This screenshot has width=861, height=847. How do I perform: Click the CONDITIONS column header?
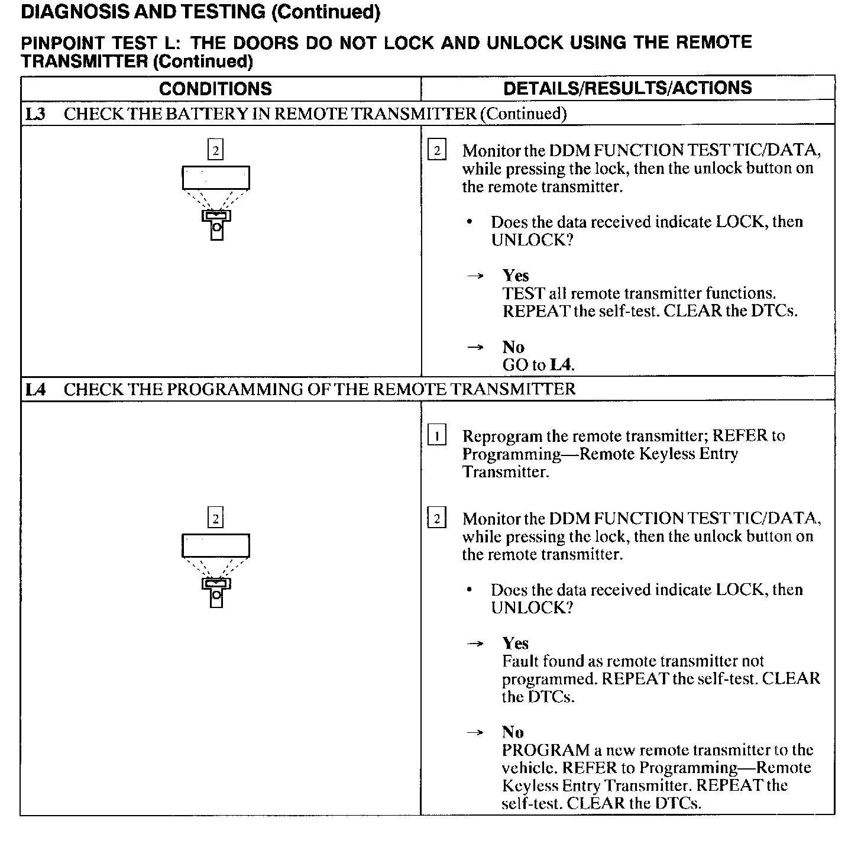coord(215,89)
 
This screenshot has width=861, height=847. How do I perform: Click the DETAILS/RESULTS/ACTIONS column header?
coord(627,88)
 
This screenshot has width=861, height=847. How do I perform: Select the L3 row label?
coord(35,114)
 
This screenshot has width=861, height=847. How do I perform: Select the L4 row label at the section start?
coord(35,389)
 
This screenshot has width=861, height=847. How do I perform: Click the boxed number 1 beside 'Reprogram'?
coord(436,436)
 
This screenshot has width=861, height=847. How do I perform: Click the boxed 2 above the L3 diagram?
coord(215,150)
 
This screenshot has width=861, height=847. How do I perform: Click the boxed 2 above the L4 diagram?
coord(215,519)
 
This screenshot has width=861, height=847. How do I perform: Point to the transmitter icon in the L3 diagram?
coord(216,225)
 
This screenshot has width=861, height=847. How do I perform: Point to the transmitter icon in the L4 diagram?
coord(216,593)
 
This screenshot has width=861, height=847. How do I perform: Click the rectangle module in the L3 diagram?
coord(216,177)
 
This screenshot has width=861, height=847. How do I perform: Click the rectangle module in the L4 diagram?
coord(216,545)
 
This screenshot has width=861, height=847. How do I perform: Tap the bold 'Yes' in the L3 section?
coord(516,276)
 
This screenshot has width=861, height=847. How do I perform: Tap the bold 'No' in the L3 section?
coord(513,347)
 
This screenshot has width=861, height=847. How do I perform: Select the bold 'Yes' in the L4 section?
coord(516,644)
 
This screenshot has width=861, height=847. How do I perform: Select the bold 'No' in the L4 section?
coord(513,732)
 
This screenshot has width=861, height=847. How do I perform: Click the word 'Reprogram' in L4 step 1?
coord(502,436)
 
